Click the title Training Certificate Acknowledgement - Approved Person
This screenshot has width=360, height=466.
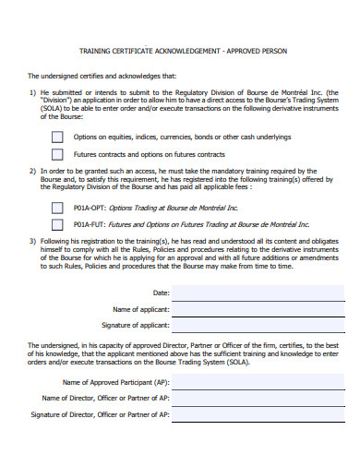coord(183,52)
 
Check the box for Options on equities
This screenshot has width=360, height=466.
coord(57,137)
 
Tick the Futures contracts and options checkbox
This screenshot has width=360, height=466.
coord(57,154)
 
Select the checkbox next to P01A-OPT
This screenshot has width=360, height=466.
coord(57,208)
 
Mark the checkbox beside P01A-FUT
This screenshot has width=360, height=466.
coord(57,224)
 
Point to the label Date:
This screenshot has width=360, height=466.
coord(159,293)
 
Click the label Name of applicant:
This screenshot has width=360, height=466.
coord(140,309)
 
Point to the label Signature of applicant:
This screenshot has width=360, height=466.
coord(135,326)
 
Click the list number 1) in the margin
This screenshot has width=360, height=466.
coord(32,93)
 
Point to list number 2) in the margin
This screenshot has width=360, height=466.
coord(32,172)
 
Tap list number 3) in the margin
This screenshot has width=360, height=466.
coord(32,241)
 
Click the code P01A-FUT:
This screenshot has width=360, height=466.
coord(90,224)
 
